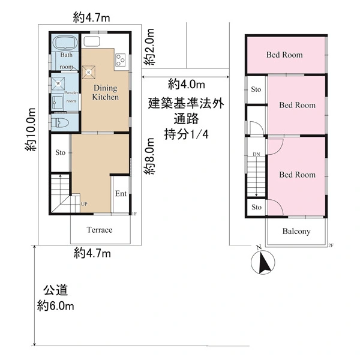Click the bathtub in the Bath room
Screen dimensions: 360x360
coord(65,43)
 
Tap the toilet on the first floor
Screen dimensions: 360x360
coord(59,123)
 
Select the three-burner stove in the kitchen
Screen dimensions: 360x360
coord(121,59)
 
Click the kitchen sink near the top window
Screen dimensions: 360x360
coord(92,41)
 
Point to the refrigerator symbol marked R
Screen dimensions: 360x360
coord(89,73)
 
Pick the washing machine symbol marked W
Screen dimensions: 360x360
coord(58,83)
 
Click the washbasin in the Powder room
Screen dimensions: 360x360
coord(58,102)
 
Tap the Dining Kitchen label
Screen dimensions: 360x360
coord(106,92)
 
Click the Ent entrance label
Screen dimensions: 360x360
coord(121,194)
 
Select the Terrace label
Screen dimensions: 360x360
coord(100,230)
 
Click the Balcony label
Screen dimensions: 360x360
coord(296,231)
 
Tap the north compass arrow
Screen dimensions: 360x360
coord(263,262)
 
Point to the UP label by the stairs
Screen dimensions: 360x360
coord(84,204)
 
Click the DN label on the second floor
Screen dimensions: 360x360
coord(256,154)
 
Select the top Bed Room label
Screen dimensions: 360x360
coord(284,55)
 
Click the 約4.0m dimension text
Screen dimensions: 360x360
coord(187,84)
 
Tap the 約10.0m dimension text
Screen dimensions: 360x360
coord(31,129)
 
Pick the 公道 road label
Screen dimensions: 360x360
coord(56,290)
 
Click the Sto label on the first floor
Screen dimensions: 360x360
coord(61,152)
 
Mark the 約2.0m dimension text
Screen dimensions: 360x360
coord(149,47)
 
